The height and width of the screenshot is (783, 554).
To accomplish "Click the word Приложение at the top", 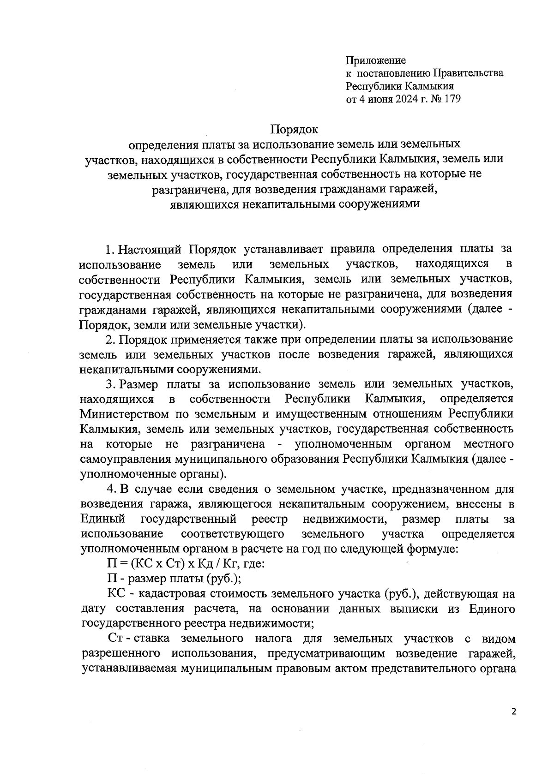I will pos(376,60).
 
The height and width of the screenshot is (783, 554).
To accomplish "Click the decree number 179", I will pos(452,99).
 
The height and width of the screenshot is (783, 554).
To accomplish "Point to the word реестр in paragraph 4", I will pos(270,519).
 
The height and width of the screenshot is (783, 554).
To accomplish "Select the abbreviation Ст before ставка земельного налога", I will pos(115,639).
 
